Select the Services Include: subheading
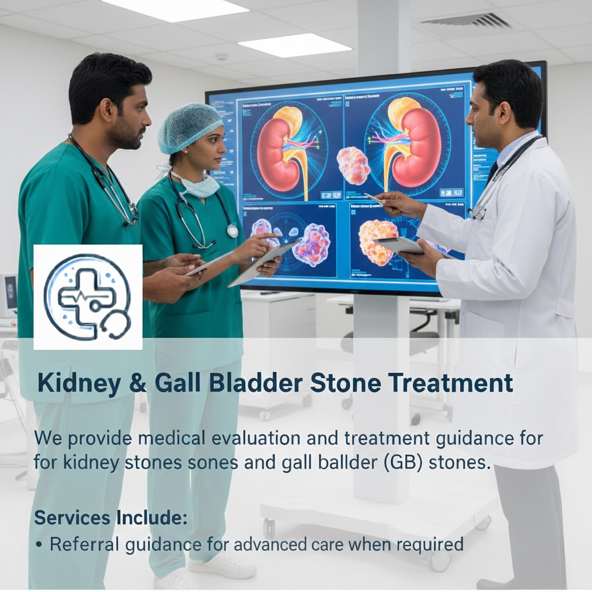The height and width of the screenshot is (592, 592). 110,518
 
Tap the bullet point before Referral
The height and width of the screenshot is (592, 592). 39,545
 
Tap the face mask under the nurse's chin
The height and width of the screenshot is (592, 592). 199,186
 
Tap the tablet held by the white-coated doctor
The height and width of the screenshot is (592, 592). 398,245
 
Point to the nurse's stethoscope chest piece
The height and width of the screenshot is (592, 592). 232,231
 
